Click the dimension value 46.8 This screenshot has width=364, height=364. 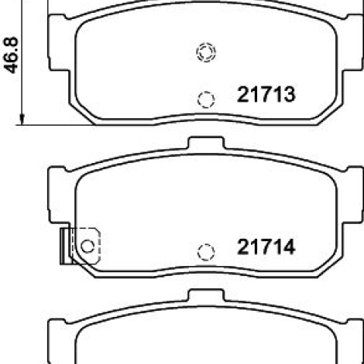point(11,55)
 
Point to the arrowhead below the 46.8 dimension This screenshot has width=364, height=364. point(22,119)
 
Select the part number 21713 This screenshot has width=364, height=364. point(266,94)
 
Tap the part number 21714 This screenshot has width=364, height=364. point(266,247)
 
